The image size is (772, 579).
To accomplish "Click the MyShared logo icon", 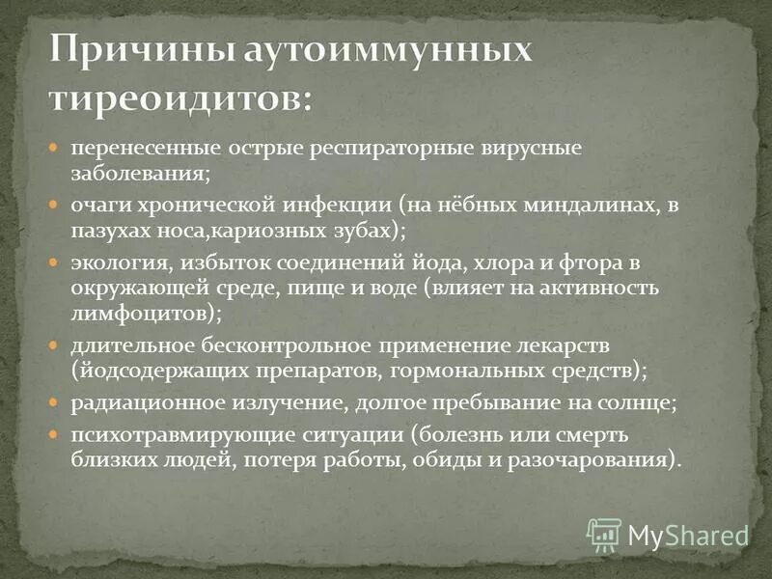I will tap(604, 534).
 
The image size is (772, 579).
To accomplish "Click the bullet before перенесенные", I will tap(56, 151).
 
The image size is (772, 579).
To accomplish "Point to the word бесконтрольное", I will tap(287, 345).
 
